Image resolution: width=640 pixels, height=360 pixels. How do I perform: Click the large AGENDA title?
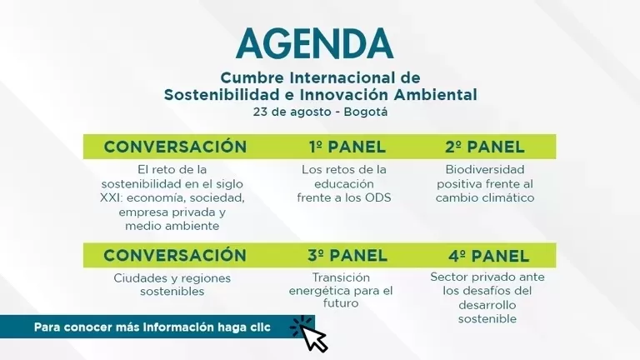click(314, 43)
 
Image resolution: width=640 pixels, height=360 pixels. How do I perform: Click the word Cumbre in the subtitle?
click(251, 78)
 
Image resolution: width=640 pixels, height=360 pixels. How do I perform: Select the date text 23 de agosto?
click(297, 112)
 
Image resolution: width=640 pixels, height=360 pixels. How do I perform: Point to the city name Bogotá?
click(365, 112)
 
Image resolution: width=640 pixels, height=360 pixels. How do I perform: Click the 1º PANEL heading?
click(347, 147)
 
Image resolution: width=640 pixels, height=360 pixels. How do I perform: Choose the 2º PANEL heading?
click(485, 147)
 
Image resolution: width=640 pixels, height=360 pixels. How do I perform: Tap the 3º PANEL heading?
click(347, 255)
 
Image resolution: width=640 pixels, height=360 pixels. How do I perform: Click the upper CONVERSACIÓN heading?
click(175, 147)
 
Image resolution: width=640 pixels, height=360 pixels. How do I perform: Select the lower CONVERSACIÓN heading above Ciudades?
click(175, 255)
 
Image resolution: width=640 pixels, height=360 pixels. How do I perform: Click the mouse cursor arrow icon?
click(312, 336)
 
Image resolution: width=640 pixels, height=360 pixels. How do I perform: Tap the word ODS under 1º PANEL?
click(377, 197)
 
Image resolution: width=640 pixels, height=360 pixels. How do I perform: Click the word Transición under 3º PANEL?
click(340, 277)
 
